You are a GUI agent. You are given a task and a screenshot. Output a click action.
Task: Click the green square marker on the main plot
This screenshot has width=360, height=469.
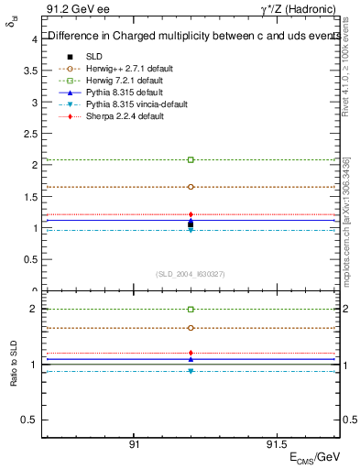coord(191,159)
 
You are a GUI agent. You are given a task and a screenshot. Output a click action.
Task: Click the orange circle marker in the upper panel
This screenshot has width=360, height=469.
coord(191,186)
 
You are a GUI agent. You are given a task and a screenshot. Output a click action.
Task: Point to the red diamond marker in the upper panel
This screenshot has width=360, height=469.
coord(191,214)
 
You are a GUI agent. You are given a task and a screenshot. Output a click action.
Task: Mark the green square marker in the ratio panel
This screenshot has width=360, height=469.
coord(191,310)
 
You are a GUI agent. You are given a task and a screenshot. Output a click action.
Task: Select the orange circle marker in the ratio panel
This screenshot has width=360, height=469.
coord(191,327)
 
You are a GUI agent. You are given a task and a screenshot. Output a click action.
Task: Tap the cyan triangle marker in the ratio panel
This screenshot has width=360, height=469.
coord(191,371)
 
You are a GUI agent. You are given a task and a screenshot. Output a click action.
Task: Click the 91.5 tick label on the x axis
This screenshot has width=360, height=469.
coord(276,444)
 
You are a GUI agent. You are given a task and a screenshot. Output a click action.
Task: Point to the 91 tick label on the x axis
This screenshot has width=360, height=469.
coord(134,444)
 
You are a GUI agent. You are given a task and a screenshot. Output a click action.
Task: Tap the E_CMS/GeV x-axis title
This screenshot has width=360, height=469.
coord(313,457)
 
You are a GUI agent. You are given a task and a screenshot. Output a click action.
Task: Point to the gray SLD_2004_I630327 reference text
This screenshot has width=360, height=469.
coord(191,274)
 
